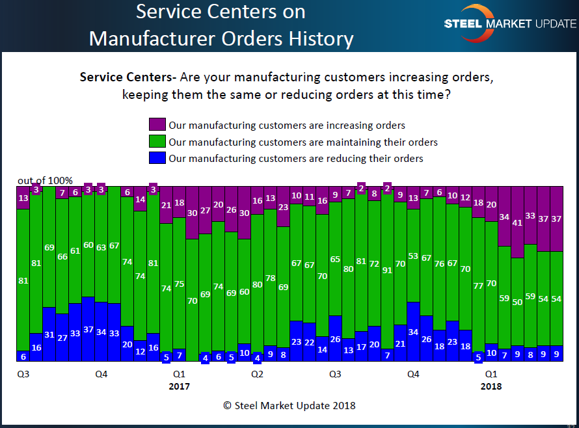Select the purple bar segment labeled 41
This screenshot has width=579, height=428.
pyautogui.click(x=518, y=222)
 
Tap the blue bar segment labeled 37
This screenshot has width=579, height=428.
pyautogui.click(x=88, y=328)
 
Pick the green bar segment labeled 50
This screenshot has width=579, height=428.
pyautogui.click(x=518, y=302)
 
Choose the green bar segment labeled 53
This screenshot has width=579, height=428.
pyautogui.click(x=414, y=256)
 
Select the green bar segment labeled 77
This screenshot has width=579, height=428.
pyautogui.click(x=479, y=285)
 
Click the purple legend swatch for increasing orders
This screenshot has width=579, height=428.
pyautogui.click(x=157, y=125)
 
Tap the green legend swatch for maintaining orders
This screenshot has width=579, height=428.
pyautogui.click(x=157, y=141)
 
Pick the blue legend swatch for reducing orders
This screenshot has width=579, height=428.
pyautogui.click(x=157, y=158)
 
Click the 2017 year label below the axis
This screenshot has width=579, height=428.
pyautogui.click(x=179, y=386)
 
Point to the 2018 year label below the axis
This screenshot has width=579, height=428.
pyautogui.click(x=491, y=386)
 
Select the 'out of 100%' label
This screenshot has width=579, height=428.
pyautogui.click(x=45, y=180)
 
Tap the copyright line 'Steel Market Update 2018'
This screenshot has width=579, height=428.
pyautogui.click(x=289, y=405)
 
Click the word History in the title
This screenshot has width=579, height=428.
pyautogui.click(x=316, y=38)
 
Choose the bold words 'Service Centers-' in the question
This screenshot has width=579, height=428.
pyautogui.click(x=128, y=77)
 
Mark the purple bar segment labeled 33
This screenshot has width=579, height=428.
pyautogui.click(x=531, y=215)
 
